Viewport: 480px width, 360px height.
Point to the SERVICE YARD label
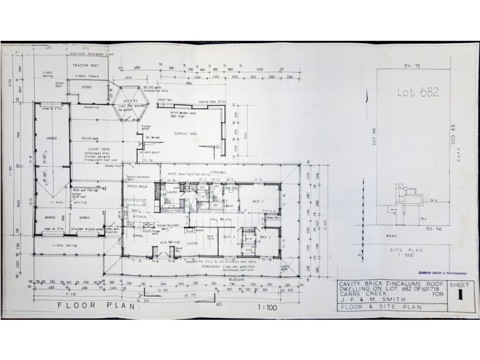[x=185, y=133]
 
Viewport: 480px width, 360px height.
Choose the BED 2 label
[x=266, y=238]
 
